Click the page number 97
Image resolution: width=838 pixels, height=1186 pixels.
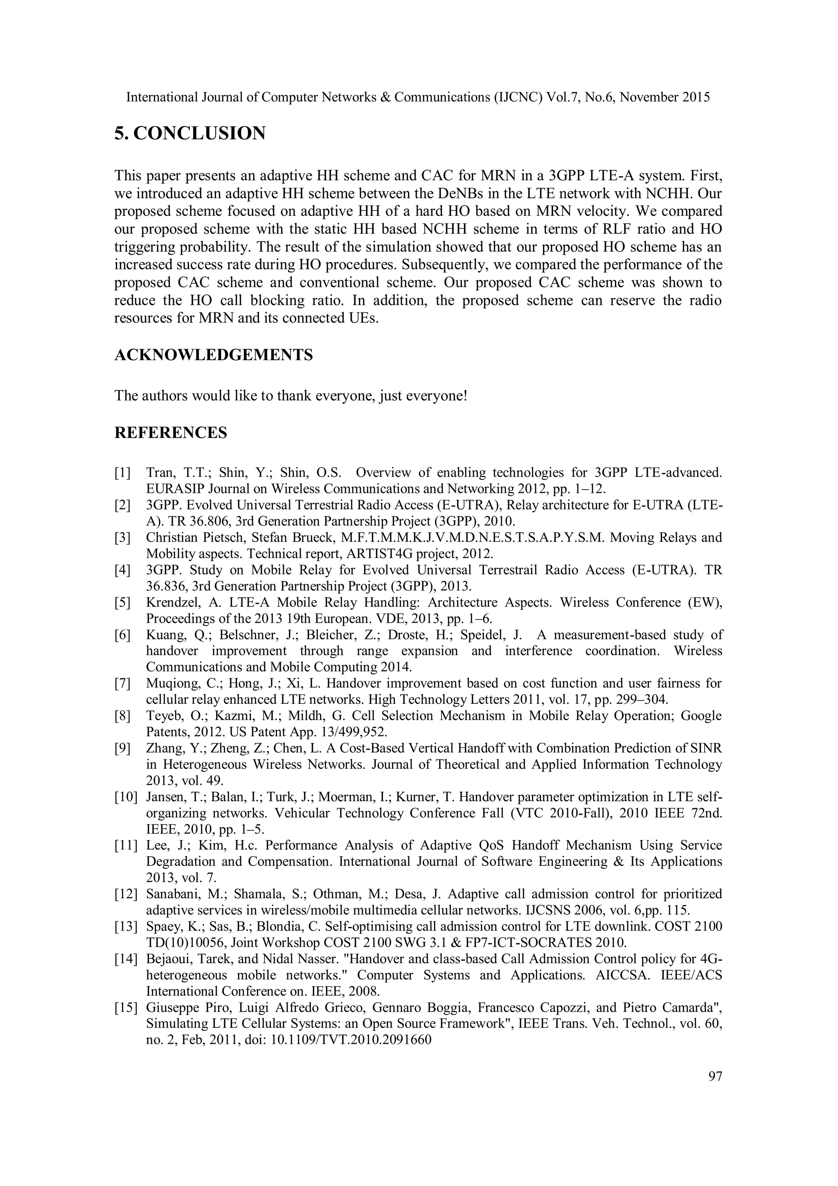[x=715, y=1077]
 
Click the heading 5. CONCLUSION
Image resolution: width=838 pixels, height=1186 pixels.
[x=189, y=133]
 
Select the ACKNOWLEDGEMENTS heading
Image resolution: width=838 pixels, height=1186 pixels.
[x=213, y=355]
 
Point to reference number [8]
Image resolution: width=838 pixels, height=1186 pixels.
[x=122, y=716]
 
